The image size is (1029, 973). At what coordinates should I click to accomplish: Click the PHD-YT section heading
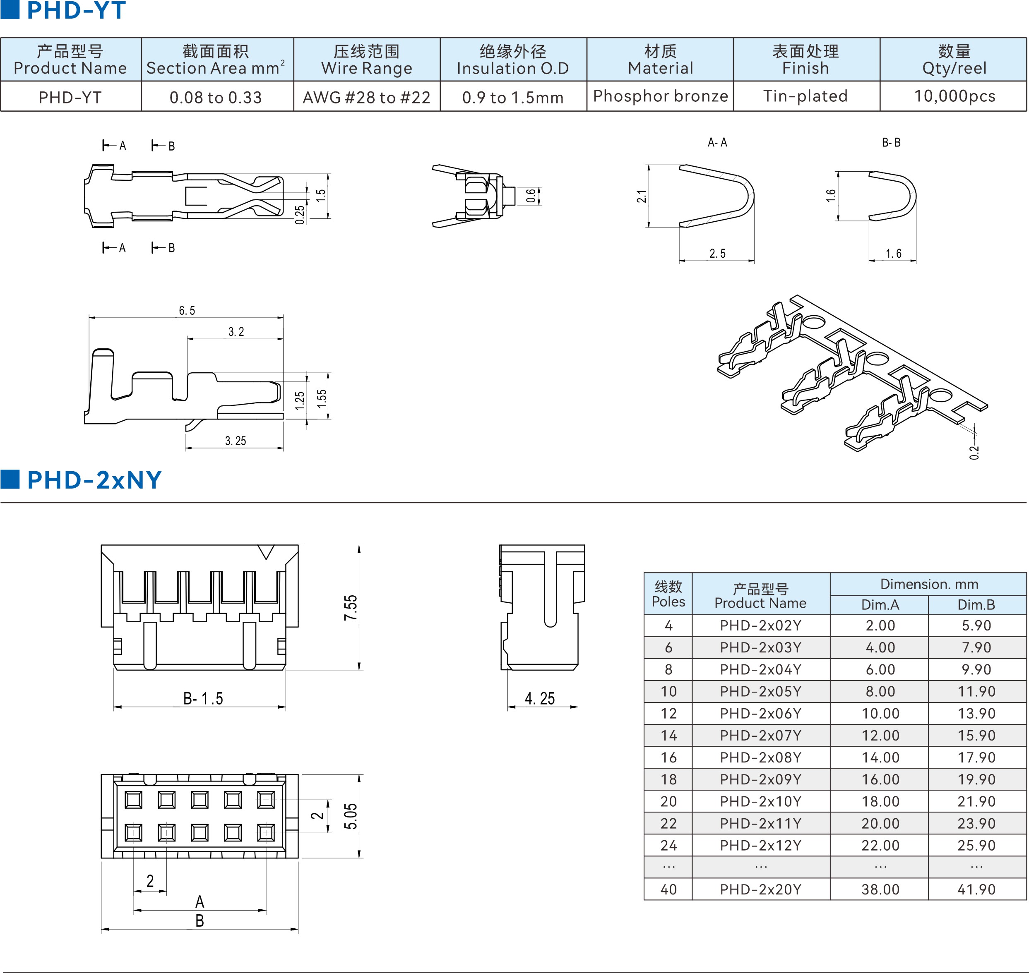point(76,10)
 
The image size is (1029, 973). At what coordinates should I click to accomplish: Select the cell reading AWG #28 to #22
point(366,97)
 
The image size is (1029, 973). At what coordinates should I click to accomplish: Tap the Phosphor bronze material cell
point(660,96)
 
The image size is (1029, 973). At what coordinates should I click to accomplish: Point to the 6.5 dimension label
point(187,310)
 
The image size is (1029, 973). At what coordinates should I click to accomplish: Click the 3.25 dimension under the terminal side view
point(235,441)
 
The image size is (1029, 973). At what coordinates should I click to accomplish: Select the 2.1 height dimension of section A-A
point(642,196)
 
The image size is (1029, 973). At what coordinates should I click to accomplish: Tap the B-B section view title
point(891,143)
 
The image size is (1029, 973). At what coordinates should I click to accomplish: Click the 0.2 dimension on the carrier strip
point(974,452)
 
